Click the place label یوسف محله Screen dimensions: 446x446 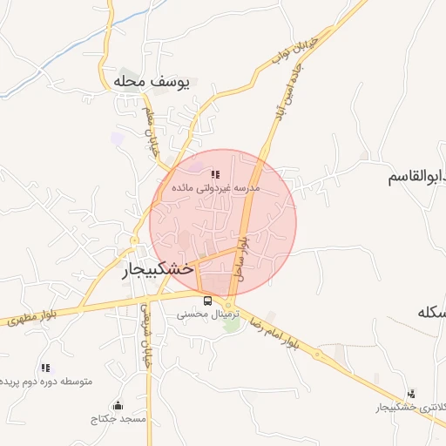[151, 82]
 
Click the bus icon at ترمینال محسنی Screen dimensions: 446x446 [206, 301]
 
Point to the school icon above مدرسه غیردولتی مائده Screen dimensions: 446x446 [215, 175]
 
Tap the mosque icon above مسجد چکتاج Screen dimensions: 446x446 [118, 405]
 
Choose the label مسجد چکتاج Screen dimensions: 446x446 [119, 419]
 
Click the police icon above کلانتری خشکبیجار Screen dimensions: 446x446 [411, 394]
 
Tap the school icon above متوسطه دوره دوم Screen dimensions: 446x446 [45, 368]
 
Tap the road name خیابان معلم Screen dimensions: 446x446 [152, 132]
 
